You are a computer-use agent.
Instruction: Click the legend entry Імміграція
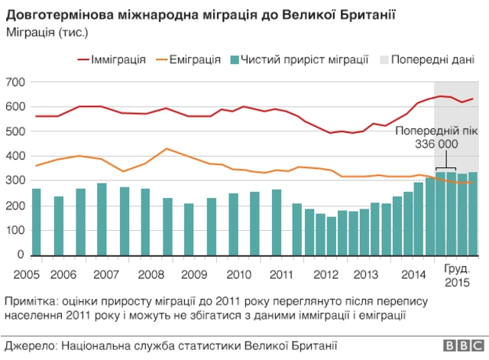pos(118,59)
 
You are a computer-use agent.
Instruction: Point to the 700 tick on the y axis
pos(15,82)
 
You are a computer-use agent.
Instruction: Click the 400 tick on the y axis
pos(15,156)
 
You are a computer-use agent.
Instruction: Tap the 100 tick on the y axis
pos(15,230)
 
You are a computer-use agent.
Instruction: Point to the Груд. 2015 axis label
pos(457,276)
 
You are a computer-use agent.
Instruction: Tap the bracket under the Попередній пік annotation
pos(445,169)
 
